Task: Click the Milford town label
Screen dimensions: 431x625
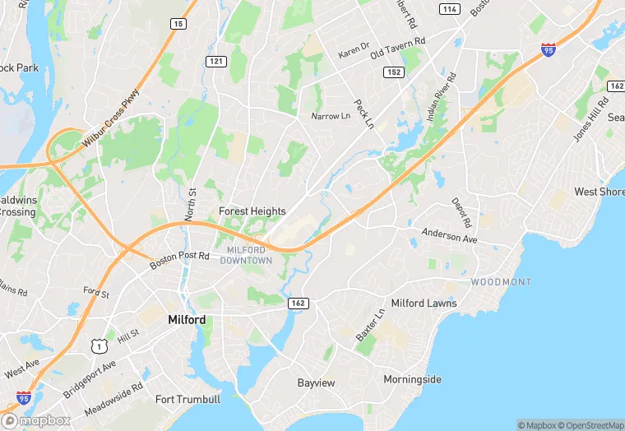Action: click(x=186, y=319)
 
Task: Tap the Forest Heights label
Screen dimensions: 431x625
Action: click(x=252, y=211)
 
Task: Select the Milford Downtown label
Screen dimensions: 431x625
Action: click(x=246, y=255)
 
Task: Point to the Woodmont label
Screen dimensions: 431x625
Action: click(x=501, y=282)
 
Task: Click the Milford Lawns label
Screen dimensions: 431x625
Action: click(x=424, y=304)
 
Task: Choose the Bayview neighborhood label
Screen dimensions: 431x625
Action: click(x=316, y=383)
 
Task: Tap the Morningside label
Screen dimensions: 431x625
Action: click(x=412, y=379)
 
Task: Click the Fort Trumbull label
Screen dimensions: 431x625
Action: click(x=187, y=400)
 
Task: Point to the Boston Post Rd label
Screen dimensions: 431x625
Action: click(x=181, y=256)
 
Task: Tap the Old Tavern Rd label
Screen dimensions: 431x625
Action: click(x=397, y=41)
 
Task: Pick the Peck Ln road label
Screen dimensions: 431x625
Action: click(x=363, y=114)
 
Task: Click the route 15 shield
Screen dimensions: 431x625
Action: click(x=178, y=25)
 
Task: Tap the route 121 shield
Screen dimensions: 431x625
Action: click(x=215, y=62)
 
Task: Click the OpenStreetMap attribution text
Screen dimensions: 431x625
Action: click(x=590, y=425)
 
